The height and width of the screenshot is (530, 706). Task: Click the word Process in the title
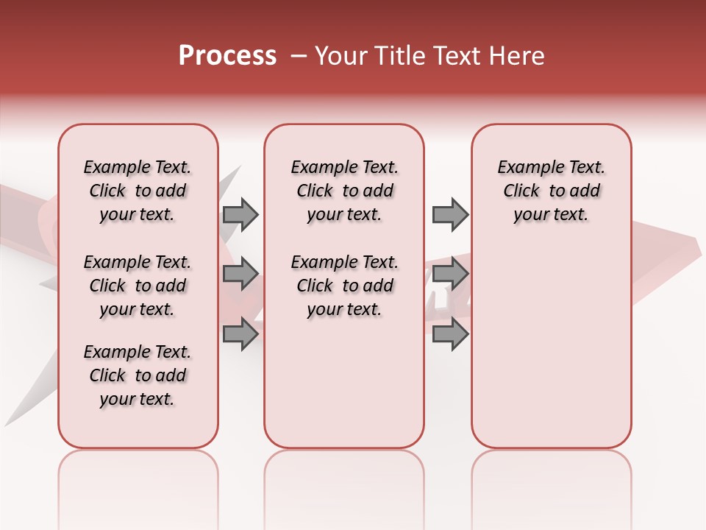click(227, 56)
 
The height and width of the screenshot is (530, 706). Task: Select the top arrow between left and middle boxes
click(240, 215)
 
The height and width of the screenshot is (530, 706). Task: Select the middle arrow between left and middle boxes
click(240, 275)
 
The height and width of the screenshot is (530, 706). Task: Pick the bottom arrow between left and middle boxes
click(240, 335)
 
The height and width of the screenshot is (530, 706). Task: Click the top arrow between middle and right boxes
click(450, 215)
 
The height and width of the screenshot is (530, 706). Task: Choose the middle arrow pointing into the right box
click(450, 275)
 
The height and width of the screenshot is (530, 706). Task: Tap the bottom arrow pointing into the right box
click(450, 335)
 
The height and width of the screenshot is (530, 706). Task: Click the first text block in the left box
click(138, 191)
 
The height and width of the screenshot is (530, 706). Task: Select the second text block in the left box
click(138, 286)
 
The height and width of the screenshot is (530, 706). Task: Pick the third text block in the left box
click(138, 375)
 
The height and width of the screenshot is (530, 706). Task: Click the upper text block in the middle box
click(344, 191)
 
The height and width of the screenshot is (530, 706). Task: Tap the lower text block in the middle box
click(344, 286)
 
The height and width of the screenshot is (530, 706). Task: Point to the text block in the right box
click(551, 191)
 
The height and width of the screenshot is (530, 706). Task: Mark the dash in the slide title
click(298, 56)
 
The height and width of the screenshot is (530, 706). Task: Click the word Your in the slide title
click(341, 56)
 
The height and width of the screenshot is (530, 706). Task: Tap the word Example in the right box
click(528, 168)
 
